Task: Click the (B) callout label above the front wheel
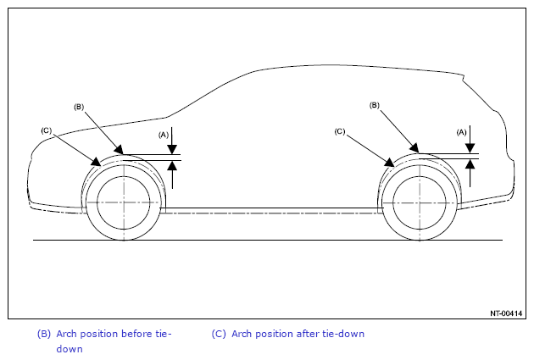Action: coord(79,108)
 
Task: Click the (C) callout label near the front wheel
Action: coord(46,130)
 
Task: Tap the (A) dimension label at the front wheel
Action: coord(164,135)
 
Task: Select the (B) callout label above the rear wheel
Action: coord(375,106)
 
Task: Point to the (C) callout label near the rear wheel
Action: coord(340,131)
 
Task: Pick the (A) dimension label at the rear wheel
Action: coord(461,132)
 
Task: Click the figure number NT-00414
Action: coord(506,313)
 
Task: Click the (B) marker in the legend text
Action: coord(43,334)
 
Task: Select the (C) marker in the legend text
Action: coord(219,334)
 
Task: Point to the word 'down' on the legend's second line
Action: coord(70,349)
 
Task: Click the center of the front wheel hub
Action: coord(124,202)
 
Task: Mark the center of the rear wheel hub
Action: coord(420,202)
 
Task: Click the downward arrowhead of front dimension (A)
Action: coord(172,150)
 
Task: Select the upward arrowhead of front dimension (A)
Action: coord(172,165)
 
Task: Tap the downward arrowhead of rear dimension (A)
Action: coord(470,149)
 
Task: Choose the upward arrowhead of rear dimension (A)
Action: coord(470,164)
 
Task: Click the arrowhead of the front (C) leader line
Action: coord(97,162)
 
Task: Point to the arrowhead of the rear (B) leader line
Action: coord(414,148)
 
